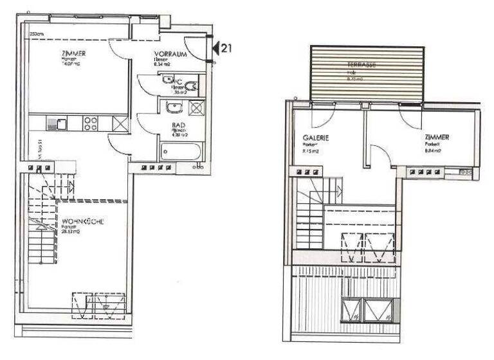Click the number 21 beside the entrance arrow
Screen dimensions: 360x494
pos(227,47)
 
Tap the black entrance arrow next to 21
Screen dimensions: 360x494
pos(217,47)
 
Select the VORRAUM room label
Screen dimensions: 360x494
pos(170,55)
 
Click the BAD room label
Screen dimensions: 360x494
pos(170,127)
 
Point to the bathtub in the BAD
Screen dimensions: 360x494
pos(181,152)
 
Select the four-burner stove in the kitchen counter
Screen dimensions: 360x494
pos(91,122)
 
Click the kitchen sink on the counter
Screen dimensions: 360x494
pos(61,122)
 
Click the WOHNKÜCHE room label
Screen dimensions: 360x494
pos(84,222)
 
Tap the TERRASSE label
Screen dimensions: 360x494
pos(361,66)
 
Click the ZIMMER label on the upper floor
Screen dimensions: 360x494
pos(437,138)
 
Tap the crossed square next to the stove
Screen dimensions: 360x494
pos(120,122)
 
